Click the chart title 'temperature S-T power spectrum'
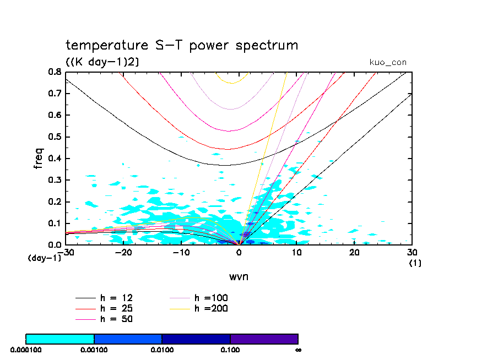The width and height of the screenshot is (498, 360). click(x=182, y=45)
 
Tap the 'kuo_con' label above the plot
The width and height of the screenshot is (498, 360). click(x=388, y=63)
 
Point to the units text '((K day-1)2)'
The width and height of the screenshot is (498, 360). click(x=102, y=62)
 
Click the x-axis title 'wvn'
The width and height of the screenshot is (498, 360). click(x=239, y=276)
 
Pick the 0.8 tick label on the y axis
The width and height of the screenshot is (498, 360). click(x=54, y=72)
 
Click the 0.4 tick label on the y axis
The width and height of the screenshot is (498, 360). click(x=54, y=159)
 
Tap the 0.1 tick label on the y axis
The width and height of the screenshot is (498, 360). click(x=54, y=223)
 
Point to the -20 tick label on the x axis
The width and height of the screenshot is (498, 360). click(x=123, y=252)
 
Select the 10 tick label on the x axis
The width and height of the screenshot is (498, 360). click(x=297, y=252)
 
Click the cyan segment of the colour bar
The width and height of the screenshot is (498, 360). click(x=60, y=339)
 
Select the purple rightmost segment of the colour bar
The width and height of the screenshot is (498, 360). click(x=264, y=339)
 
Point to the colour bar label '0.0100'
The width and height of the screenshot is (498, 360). click(x=162, y=350)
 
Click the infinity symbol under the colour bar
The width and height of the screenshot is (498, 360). click(x=298, y=350)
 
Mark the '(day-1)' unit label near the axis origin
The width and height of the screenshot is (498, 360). click(x=45, y=258)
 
